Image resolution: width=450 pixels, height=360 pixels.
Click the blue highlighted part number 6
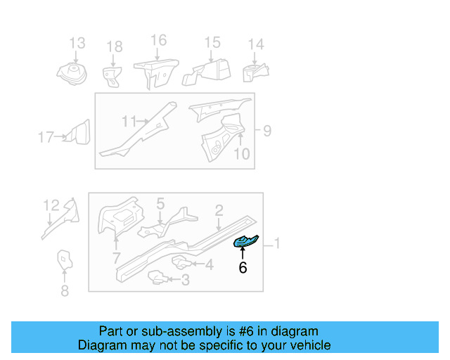click(245, 242)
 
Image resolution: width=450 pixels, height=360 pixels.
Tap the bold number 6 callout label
click(243, 268)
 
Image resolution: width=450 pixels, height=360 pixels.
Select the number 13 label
click(77, 44)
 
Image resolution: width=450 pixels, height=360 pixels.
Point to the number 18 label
click(114, 47)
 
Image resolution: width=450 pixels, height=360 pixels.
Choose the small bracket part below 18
click(111, 75)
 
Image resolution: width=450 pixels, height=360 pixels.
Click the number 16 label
click(159, 40)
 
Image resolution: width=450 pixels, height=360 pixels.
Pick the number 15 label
click(212, 43)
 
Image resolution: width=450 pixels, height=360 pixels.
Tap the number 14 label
click(256, 44)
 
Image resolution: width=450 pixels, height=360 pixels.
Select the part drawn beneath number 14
click(255, 72)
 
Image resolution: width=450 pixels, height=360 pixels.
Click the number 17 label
click(46, 138)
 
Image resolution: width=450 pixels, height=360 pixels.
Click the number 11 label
click(129, 122)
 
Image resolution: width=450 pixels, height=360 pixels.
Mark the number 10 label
click(240, 153)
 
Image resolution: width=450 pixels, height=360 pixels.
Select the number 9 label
click(266, 130)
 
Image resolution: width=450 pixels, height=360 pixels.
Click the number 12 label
click(51, 205)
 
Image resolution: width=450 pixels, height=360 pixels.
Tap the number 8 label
click(65, 290)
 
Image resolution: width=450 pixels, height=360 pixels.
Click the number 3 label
click(185, 281)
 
